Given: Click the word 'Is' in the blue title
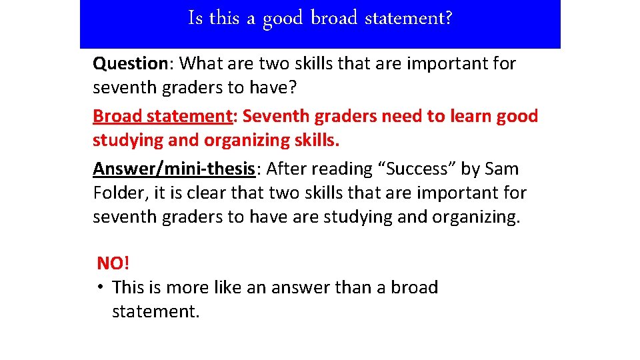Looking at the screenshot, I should click(x=195, y=18).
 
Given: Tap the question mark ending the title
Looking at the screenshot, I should click(x=448, y=18).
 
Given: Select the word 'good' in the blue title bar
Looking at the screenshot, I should click(x=283, y=19).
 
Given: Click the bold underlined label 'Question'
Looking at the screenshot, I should click(x=130, y=64).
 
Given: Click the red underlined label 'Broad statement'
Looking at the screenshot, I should click(x=161, y=116).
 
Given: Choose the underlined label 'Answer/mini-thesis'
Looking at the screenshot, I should click(x=174, y=169).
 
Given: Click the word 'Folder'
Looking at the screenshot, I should click(x=120, y=193).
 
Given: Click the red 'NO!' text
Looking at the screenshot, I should click(x=113, y=263).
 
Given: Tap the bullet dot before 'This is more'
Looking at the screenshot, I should click(x=98, y=287).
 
